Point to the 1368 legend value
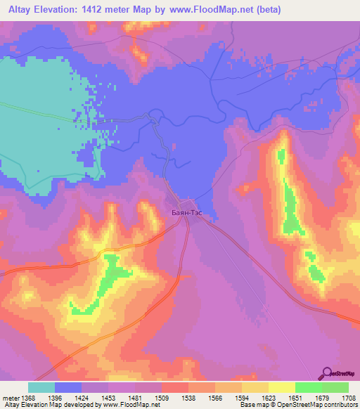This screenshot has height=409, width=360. (28, 398)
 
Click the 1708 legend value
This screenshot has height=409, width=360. (349, 398)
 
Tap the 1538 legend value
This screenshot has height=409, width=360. (188, 398)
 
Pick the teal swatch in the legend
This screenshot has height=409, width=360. (41, 387)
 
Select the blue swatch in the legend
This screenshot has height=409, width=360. (68, 387)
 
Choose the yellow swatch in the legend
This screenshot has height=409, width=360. (281, 387)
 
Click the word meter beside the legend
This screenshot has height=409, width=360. (11, 398)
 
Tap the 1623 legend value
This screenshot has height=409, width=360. (269, 398)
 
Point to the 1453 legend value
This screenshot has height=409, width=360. (108, 398)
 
